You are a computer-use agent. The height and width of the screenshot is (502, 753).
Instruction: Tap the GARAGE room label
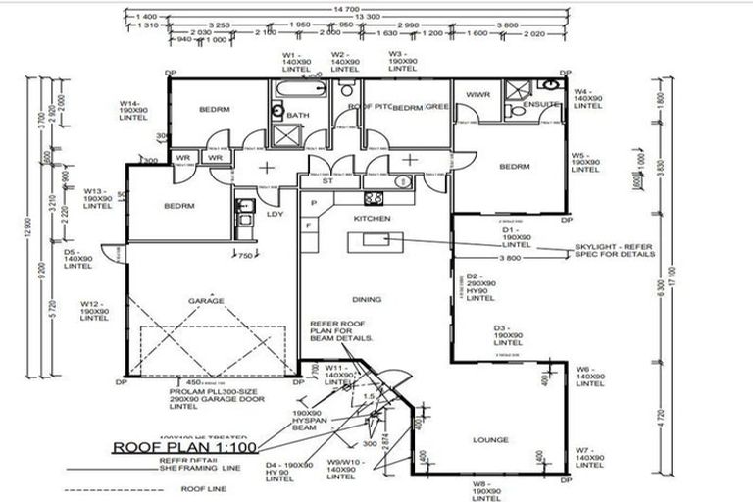tap(206, 301)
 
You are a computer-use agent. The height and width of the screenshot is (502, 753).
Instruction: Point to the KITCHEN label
tap(373, 218)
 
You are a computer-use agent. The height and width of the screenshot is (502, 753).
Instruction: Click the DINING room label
tap(367, 300)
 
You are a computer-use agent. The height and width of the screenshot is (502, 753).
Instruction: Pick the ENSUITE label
tap(540, 104)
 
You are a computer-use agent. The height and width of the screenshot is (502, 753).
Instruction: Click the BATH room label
tap(299, 115)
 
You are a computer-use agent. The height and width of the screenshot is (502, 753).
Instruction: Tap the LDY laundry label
tap(275, 213)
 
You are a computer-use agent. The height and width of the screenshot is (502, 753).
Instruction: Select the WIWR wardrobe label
tap(477, 95)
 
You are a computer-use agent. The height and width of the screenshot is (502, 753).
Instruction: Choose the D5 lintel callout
tap(77, 259)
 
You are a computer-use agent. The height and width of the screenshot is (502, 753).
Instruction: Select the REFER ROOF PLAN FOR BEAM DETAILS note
tap(342, 329)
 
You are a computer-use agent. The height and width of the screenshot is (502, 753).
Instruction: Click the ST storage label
tap(327, 181)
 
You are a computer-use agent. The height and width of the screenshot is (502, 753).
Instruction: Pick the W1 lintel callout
tap(292, 62)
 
